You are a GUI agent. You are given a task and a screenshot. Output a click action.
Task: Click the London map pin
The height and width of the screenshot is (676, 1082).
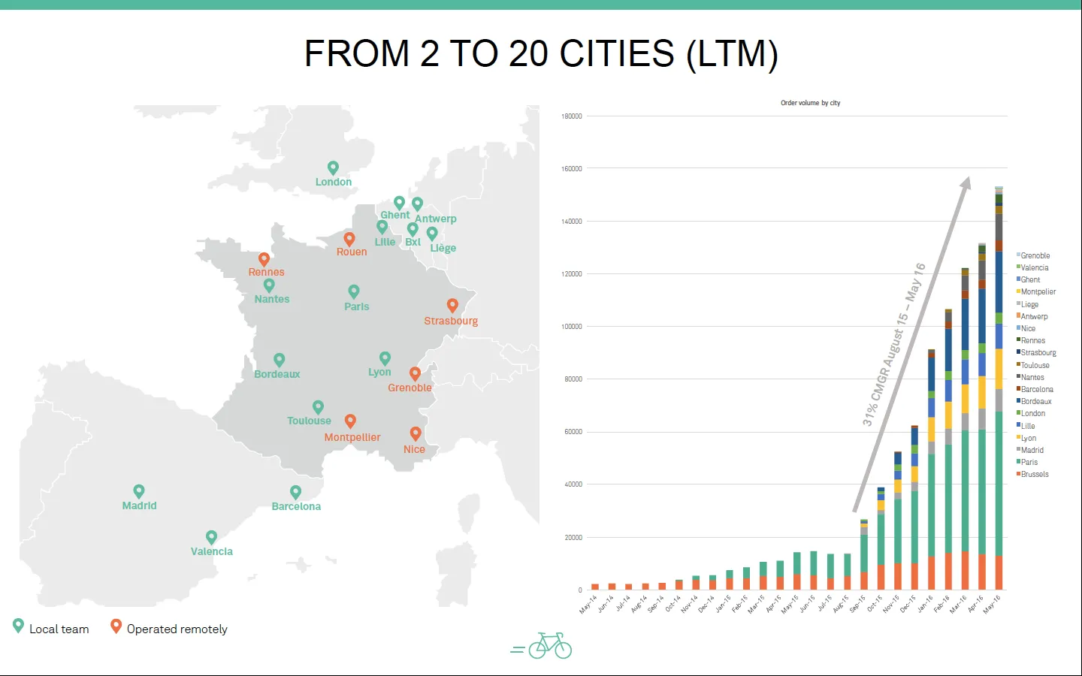(333, 167)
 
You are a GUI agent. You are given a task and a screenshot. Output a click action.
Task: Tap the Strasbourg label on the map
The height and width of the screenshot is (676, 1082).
(451, 321)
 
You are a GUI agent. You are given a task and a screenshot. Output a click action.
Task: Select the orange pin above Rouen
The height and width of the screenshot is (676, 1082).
(349, 239)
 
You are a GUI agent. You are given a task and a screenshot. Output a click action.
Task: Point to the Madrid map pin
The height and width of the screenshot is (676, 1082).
(138, 491)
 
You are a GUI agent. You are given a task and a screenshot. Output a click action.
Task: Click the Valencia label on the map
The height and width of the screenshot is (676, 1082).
(212, 551)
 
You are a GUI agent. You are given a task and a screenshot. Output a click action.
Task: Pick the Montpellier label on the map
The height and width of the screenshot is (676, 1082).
(352, 437)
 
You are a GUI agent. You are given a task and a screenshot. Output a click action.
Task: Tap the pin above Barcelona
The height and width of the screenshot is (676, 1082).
(295, 492)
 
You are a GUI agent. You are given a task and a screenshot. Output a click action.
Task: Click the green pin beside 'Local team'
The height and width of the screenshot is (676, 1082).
(18, 626)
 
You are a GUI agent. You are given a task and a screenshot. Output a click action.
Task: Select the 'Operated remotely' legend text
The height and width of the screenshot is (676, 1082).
(177, 629)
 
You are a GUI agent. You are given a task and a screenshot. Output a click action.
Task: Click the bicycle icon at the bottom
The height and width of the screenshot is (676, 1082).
(550, 646)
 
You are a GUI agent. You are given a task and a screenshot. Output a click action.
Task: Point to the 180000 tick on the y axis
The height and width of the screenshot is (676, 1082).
(571, 116)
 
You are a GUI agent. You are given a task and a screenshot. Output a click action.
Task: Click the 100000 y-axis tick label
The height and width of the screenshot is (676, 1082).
(571, 327)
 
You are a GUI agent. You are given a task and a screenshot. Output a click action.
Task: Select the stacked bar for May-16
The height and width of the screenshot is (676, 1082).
(999, 388)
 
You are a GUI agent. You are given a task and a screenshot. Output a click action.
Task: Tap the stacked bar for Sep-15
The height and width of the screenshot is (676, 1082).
(864, 554)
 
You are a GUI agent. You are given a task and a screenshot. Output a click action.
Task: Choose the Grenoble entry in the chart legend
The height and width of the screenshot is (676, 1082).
(1033, 255)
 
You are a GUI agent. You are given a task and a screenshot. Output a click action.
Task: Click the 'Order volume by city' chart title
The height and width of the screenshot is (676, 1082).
(811, 103)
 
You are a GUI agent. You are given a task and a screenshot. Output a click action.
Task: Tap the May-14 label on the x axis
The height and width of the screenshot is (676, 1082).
(588, 604)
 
